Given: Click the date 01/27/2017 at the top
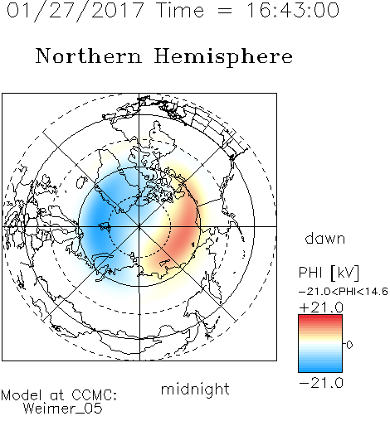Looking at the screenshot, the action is point(76,11).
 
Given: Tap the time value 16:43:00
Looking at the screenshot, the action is point(293,10).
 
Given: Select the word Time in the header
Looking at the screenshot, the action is point(181,10).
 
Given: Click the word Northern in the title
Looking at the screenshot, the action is point(89,56).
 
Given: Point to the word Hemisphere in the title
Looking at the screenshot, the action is point(223,57).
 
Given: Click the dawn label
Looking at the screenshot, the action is point(325,239).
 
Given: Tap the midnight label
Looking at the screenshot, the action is point(195,389).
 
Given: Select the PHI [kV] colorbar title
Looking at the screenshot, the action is point(329,273).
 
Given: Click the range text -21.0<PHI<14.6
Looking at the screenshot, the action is point(344,292).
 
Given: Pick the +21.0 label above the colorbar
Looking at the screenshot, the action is point(321,307).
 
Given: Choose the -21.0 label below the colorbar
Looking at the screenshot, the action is point(321,383).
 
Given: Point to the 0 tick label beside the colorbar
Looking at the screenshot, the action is point(349,345).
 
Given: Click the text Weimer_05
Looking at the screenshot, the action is point(63,408).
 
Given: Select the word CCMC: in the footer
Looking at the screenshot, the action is point(94,395).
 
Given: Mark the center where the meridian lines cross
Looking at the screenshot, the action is point(139,226).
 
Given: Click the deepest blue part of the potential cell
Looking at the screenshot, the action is point(97,221).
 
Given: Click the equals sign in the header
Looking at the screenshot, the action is point(225,11).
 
